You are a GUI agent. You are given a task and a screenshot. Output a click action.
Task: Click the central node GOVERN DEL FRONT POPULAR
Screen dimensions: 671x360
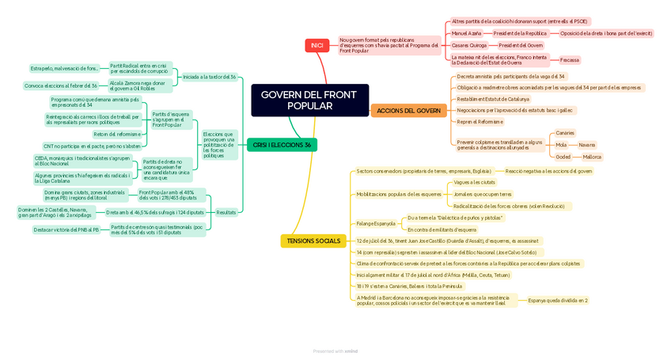click(x=309, y=100)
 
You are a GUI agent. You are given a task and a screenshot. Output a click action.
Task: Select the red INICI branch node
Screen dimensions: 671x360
click(x=317, y=46)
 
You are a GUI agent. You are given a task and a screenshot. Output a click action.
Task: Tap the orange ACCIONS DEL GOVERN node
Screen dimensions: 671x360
click(x=408, y=111)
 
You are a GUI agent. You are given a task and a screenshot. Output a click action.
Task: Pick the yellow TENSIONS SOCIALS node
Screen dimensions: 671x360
click(x=313, y=241)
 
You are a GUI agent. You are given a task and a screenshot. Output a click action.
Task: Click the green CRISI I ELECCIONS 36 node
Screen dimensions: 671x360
click(x=282, y=145)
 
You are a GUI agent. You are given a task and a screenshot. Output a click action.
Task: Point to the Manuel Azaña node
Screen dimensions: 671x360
click(x=466, y=33)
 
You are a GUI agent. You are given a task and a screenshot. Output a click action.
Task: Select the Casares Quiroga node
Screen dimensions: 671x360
click(x=469, y=45)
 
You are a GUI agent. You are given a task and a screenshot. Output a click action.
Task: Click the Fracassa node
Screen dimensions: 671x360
click(x=569, y=60)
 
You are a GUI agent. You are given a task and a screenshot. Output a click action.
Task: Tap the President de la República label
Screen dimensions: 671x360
click(x=520, y=33)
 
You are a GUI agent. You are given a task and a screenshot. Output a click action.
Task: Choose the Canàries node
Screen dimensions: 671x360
click(x=565, y=133)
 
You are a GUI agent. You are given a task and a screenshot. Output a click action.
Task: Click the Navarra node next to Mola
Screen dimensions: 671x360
click(x=586, y=145)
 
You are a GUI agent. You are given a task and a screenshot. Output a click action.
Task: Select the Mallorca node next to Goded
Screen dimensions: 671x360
click(x=592, y=157)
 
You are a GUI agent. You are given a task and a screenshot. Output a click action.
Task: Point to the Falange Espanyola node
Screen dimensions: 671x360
click(x=375, y=223)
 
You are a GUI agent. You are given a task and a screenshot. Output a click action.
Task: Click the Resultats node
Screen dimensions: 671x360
click(x=226, y=212)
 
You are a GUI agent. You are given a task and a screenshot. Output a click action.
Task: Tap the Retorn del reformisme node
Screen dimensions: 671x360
click(x=116, y=135)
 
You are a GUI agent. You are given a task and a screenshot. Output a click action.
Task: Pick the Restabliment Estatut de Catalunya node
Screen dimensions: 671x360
click(x=493, y=99)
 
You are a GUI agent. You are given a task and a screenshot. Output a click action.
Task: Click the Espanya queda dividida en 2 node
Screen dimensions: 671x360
click(x=557, y=301)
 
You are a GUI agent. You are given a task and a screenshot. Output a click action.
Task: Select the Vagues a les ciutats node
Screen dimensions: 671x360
click(x=474, y=182)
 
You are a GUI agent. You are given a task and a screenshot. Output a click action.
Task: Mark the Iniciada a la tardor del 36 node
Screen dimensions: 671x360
click(x=209, y=77)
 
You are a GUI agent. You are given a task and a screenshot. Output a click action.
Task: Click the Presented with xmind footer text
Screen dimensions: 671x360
click(x=335, y=351)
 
